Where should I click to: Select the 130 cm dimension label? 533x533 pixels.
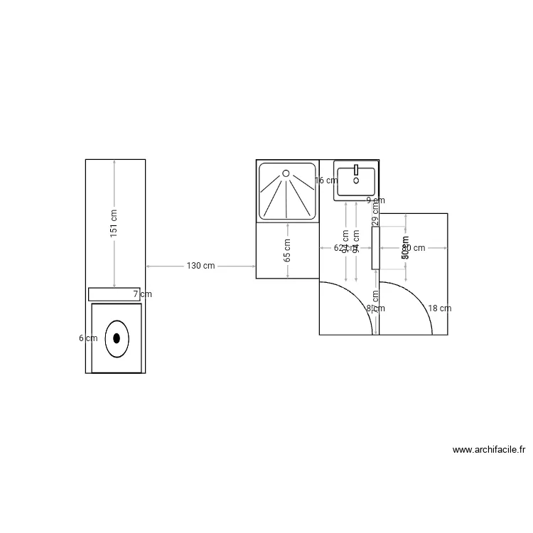tap(200, 266)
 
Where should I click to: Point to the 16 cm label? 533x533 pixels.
tap(326, 181)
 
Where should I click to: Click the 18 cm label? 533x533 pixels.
tap(439, 308)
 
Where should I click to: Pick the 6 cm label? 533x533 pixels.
tap(88, 338)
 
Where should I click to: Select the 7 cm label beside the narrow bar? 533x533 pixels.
tap(142, 294)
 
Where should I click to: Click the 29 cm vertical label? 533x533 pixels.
tap(375, 215)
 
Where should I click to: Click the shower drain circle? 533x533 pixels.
tap(286, 173)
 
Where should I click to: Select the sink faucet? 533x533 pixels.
tap(356, 171)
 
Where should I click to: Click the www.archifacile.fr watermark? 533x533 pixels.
tap(488, 450)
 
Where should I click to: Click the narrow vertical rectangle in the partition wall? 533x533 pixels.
tap(375, 247)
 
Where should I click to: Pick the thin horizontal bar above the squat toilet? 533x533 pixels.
tap(114, 294)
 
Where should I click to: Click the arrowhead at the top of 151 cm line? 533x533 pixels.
tap(114, 163)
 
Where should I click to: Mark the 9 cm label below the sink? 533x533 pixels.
tap(375, 200)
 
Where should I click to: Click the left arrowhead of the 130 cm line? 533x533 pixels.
tap(149, 266)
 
